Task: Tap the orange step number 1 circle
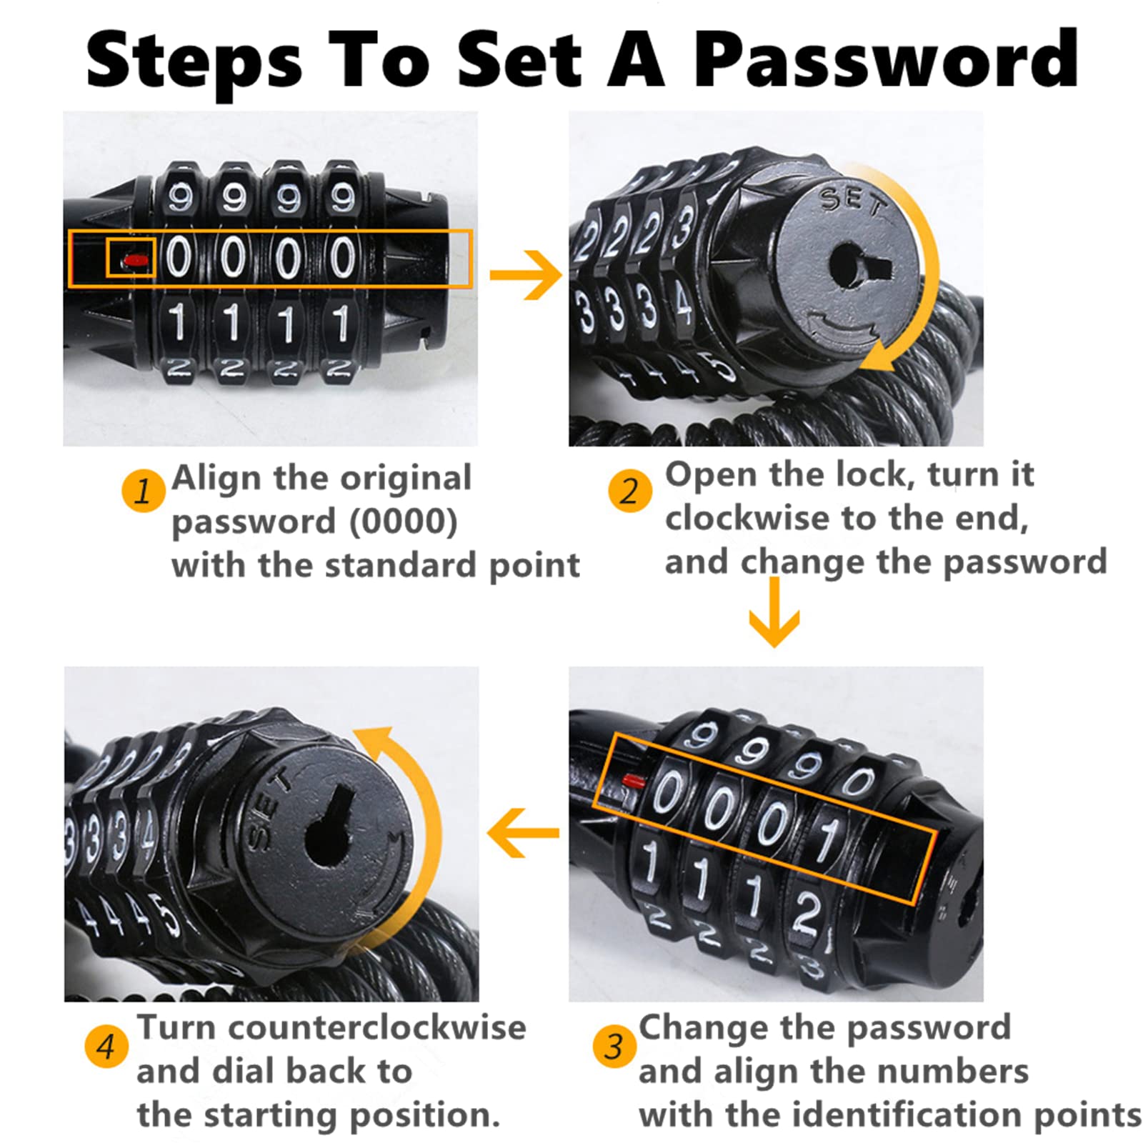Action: (x=142, y=491)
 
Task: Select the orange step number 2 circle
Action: (x=629, y=491)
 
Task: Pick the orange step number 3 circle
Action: (x=614, y=1047)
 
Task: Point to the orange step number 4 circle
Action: (x=106, y=1047)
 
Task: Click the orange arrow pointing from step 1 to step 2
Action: (x=526, y=274)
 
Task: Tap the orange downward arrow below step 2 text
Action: (x=774, y=612)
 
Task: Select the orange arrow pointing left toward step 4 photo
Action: (x=523, y=832)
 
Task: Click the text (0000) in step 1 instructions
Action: (x=404, y=522)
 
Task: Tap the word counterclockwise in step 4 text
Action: (x=378, y=1027)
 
